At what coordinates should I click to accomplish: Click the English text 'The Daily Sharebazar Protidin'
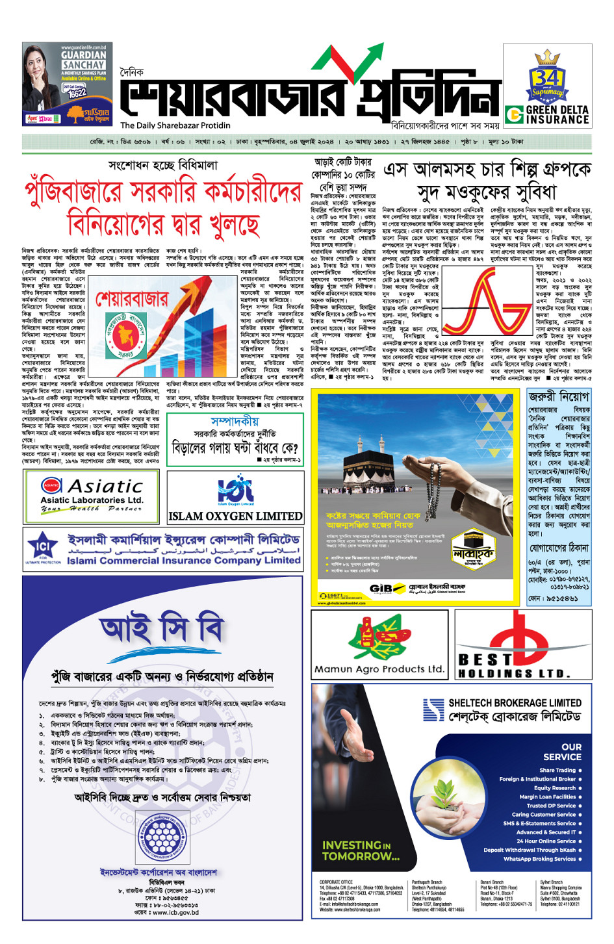click(175, 125)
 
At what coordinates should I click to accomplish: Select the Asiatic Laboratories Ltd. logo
click(92, 496)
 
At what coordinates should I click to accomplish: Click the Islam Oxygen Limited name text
click(235, 517)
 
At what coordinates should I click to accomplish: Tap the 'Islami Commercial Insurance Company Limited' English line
click(184, 560)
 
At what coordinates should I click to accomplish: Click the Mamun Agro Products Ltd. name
click(379, 669)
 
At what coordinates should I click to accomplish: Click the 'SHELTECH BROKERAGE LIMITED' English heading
click(515, 703)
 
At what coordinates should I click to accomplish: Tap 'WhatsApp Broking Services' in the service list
click(539, 859)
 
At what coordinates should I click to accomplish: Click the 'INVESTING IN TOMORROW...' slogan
click(361, 850)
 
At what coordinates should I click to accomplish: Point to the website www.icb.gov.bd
click(166, 912)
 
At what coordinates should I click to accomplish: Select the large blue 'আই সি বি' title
click(162, 629)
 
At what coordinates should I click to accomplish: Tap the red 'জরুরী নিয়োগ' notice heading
click(559, 396)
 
